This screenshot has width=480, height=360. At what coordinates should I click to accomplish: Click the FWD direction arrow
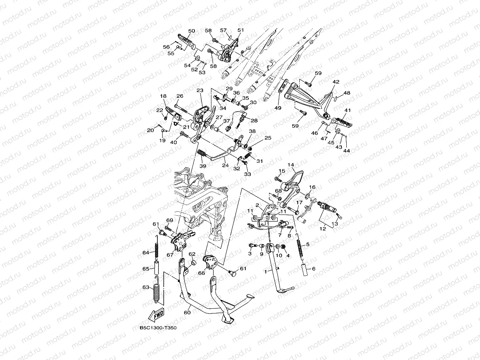pos(156,315)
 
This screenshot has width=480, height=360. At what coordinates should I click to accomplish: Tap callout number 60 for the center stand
pos(187,313)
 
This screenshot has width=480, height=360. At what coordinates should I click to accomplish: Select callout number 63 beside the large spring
pos(146,287)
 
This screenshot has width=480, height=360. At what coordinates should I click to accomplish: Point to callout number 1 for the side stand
pos(266,272)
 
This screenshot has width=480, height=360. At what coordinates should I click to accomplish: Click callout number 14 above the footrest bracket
pos(291,165)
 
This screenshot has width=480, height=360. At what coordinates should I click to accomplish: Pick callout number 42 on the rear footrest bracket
pos(336,82)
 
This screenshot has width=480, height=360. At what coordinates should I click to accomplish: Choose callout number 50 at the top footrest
pos(192,31)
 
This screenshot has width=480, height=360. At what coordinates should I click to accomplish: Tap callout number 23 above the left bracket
pos(200,90)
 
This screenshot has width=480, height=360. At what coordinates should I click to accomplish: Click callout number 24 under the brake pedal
pos(225,165)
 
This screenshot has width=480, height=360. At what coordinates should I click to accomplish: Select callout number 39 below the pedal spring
pos(203,166)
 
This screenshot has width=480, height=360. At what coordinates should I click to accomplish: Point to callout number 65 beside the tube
pos(146,269)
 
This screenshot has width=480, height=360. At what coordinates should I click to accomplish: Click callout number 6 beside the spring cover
pos(314,269)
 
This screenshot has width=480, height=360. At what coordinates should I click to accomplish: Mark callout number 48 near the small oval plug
pos(347,93)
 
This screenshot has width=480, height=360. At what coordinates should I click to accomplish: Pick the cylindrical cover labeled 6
pos(305,270)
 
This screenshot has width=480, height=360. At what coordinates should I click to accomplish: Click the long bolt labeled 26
pos(181,109)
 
